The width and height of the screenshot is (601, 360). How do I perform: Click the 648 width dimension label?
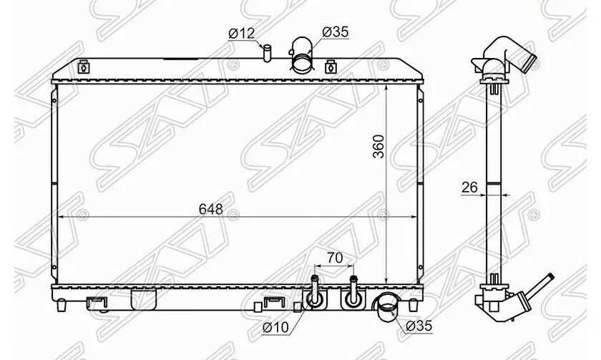click(211, 209)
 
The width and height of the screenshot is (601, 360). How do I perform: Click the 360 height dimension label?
click(378, 146)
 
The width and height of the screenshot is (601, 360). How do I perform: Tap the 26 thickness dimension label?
click(469, 188)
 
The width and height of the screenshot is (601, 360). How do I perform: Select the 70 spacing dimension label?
click(335, 258)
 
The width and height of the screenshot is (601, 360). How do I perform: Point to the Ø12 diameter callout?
click(242, 34)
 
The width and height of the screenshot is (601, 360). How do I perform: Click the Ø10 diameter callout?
click(275, 327)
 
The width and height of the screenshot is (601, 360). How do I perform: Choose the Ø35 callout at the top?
click(336, 31)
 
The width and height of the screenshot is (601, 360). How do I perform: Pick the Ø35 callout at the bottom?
click(419, 326)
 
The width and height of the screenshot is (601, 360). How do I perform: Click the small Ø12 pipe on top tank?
click(267, 52)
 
